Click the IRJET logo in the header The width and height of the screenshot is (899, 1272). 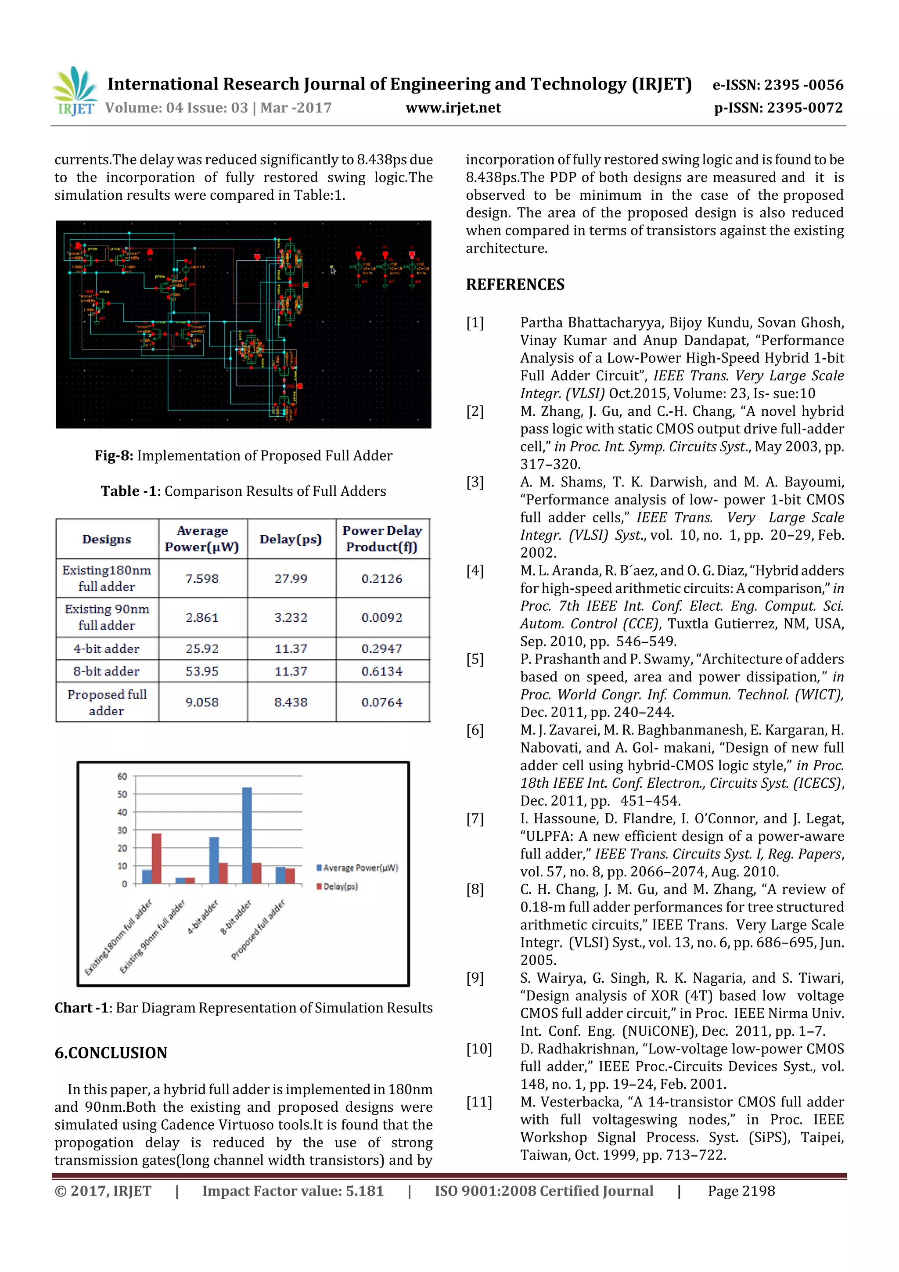point(75,91)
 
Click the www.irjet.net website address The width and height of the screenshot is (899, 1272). point(453,108)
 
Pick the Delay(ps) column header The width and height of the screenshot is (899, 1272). point(291,539)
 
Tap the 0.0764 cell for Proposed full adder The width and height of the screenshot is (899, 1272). point(381,702)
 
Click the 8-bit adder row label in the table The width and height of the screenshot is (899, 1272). point(106,671)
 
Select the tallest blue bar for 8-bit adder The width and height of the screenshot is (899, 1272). point(247,835)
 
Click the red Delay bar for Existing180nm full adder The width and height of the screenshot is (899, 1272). point(157,858)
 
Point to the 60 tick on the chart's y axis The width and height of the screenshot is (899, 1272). point(122,776)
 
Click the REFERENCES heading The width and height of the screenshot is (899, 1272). point(514,285)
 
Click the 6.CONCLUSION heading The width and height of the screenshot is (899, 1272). point(111,1052)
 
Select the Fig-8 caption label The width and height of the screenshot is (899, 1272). point(114,455)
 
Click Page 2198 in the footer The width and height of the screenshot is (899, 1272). point(741,1191)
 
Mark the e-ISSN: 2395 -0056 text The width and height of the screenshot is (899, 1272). point(778,85)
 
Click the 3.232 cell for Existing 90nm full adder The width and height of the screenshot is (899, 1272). point(291,617)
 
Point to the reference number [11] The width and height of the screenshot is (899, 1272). point(478,1101)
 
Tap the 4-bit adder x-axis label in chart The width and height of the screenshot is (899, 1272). point(203,917)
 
